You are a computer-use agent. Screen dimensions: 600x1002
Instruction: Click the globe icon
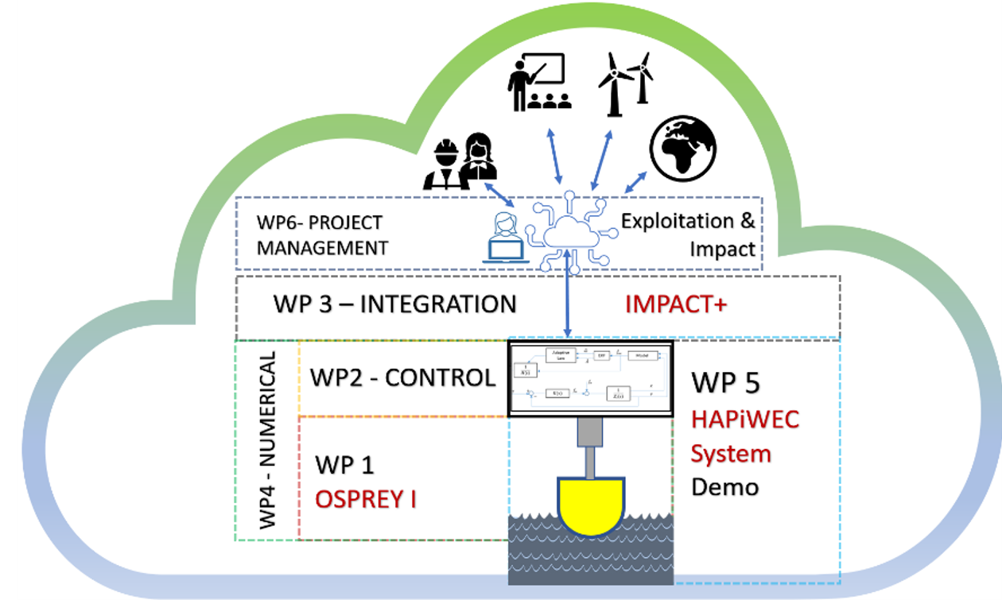coord(683,148)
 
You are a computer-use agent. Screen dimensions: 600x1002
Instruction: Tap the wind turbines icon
coord(625,82)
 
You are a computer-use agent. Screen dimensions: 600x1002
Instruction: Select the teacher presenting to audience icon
coord(540,82)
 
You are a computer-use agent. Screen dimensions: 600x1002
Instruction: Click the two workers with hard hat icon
coord(460,161)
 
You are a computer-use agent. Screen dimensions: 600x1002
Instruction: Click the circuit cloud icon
coord(570,230)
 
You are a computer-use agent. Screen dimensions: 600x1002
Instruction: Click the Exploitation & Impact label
coord(689,234)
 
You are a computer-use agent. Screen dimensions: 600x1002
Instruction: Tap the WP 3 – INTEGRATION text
coord(394,304)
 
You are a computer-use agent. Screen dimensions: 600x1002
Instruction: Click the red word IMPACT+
coord(675,304)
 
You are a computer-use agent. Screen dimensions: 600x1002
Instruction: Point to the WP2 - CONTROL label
coord(402,377)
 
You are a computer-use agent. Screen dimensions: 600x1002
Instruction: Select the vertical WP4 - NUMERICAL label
coord(268,440)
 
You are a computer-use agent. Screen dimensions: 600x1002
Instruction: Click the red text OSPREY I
coord(366,499)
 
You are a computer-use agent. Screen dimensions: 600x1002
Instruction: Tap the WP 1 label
coord(344,465)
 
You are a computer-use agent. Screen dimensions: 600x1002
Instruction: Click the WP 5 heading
coord(725,382)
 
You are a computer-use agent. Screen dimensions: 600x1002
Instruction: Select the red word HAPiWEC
coord(744,419)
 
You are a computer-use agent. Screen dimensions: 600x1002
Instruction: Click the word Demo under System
coord(724,486)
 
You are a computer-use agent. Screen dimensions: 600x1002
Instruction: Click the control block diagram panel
coord(591,378)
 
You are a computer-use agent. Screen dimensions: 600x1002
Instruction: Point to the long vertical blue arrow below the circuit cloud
coord(568,298)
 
